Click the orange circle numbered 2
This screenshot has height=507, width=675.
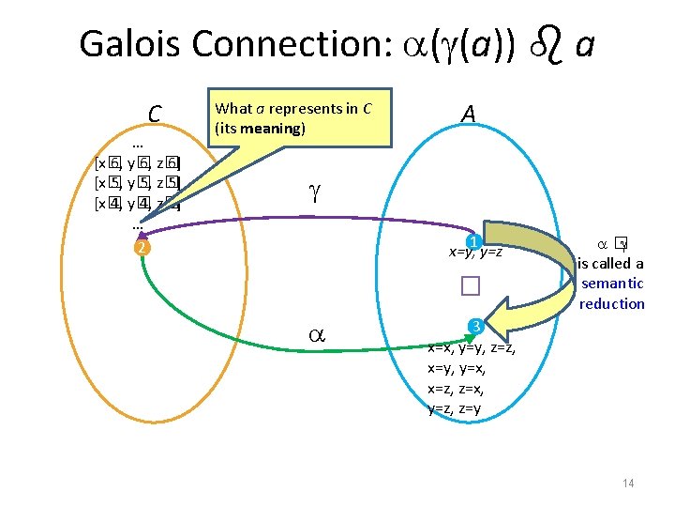click(x=140, y=248)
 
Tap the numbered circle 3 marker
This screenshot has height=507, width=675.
click(x=475, y=326)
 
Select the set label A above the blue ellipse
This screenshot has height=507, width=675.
click(x=469, y=114)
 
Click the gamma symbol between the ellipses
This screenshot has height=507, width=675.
click(x=314, y=193)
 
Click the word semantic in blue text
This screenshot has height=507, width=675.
click(x=612, y=284)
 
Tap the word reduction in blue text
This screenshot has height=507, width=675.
click(x=612, y=303)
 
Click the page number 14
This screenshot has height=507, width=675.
click(x=628, y=484)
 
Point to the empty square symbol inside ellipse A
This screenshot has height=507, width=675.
click(x=470, y=286)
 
